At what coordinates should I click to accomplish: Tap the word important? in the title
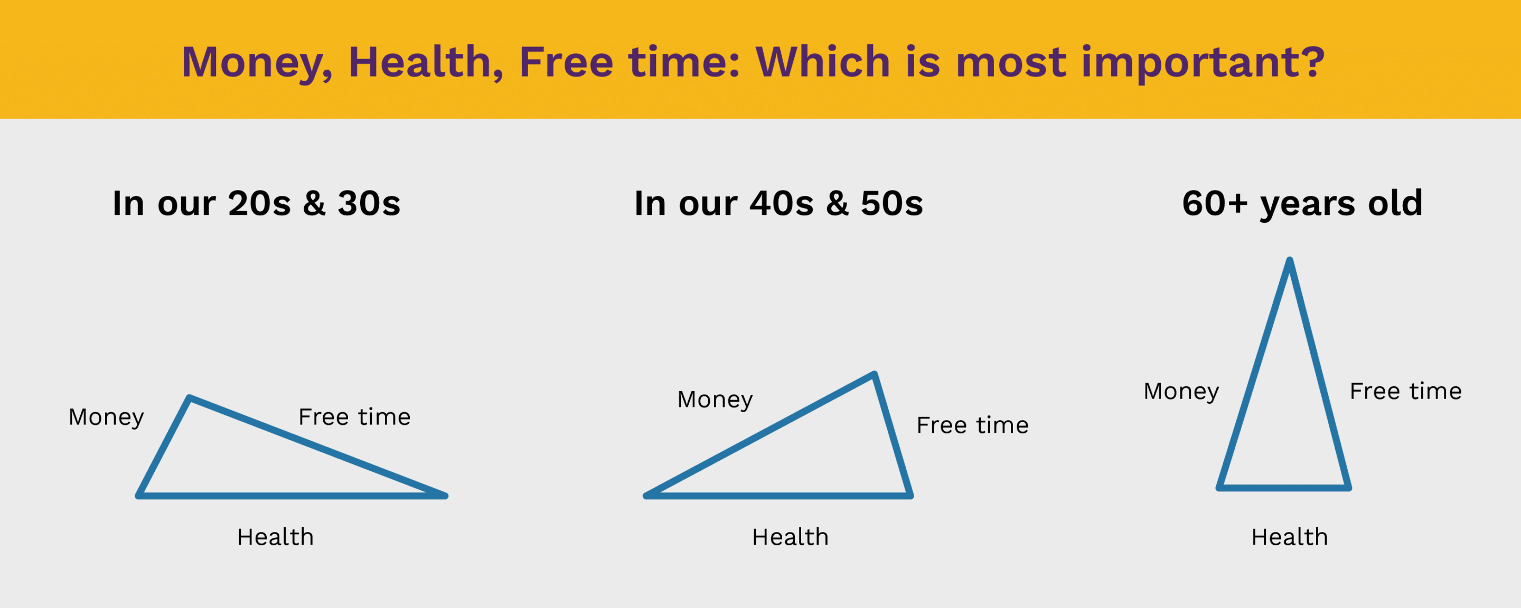click(x=1204, y=63)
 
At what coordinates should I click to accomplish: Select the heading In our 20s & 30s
click(x=256, y=203)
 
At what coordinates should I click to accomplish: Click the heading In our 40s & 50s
click(x=778, y=203)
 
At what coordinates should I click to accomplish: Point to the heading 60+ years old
click(x=1302, y=204)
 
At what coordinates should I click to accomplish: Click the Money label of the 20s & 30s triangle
click(x=106, y=417)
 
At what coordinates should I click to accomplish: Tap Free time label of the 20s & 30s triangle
click(x=354, y=417)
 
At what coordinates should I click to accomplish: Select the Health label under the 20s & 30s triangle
click(x=275, y=537)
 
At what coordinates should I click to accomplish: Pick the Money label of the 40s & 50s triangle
click(x=715, y=400)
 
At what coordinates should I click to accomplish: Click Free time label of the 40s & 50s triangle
click(x=972, y=425)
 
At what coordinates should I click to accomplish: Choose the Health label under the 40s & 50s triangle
click(x=790, y=537)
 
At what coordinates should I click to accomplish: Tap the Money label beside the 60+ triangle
click(x=1181, y=392)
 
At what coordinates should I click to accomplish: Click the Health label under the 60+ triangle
click(x=1290, y=537)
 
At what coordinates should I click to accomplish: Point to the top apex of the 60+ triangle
click(x=1290, y=260)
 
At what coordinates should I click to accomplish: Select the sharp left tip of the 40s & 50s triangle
click(x=646, y=496)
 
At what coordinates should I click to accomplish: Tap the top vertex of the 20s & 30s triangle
click(x=190, y=398)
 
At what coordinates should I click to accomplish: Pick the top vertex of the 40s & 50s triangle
click(x=875, y=374)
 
